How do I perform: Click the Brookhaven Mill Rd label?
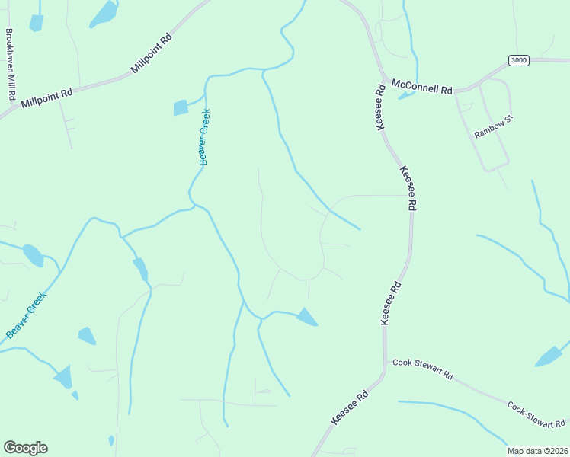point(10,66)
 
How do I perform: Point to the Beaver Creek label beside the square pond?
point(204,137)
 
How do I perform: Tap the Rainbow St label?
point(489,127)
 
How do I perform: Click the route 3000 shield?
point(519,60)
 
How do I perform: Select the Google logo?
point(25,448)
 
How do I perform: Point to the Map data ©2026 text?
point(538,451)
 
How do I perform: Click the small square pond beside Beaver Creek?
point(181,107)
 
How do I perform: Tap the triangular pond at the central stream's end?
point(307,316)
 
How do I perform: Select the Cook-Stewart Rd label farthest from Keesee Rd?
point(536,414)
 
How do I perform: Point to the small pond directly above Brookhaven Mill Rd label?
point(36,23)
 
